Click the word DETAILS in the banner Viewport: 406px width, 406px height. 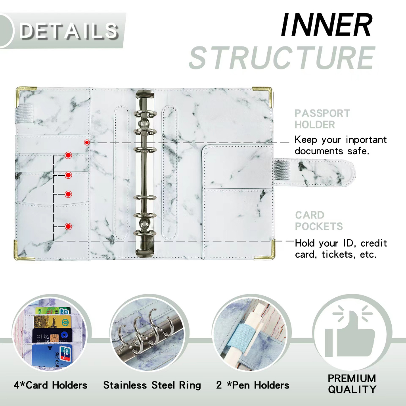pos(69,31)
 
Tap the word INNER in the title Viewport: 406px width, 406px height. pos(326,25)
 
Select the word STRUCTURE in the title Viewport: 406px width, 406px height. pos(282,58)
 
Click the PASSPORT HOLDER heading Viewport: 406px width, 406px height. pos(322,119)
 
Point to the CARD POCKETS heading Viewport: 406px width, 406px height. pos(319,221)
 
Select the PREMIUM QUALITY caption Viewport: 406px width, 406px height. pos(352,383)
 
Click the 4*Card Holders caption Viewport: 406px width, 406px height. pos(50,385)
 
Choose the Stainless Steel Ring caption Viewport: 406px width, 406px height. pos(152,385)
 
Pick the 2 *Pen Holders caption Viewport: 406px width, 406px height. pos(253,385)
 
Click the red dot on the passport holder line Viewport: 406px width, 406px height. pos(87,142)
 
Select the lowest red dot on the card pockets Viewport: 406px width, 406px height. pos(68,226)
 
